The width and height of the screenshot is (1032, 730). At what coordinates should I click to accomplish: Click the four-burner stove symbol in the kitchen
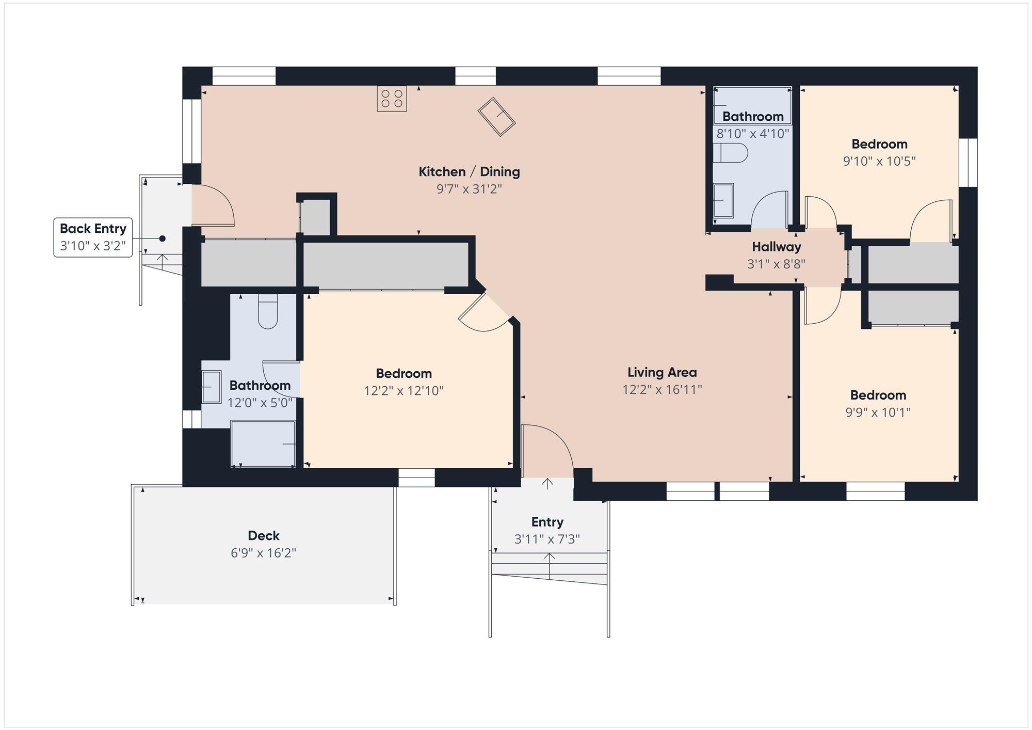pyautogui.click(x=392, y=99)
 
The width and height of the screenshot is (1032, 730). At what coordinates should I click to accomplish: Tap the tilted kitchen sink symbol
pyautogui.click(x=496, y=117)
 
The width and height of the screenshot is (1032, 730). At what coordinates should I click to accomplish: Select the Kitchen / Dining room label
pyautogui.click(x=469, y=171)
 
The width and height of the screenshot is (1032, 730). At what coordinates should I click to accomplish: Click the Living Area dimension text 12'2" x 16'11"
pyautogui.click(x=662, y=389)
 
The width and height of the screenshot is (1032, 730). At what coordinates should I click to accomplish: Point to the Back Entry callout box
pyautogui.click(x=93, y=237)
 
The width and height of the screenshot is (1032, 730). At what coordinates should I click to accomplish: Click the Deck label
pyautogui.click(x=264, y=535)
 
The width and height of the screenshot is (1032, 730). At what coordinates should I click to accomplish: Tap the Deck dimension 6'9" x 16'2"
pyautogui.click(x=264, y=553)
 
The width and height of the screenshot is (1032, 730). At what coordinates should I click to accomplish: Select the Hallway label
pyautogui.click(x=776, y=247)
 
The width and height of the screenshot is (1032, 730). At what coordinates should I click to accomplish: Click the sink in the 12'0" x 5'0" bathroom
pyautogui.click(x=212, y=387)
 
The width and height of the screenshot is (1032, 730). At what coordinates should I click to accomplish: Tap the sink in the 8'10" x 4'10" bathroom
pyautogui.click(x=723, y=200)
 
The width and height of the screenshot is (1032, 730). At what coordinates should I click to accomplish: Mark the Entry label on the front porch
pyautogui.click(x=547, y=522)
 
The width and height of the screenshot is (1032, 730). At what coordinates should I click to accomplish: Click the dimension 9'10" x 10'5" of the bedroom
pyautogui.click(x=879, y=161)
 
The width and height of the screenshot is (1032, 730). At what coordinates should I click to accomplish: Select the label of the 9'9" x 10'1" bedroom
pyautogui.click(x=878, y=395)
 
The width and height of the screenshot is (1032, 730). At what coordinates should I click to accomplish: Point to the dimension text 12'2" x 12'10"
pyautogui.click(x=404, y=390)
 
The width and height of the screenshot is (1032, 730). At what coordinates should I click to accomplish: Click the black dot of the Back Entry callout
pyautogui.click(x=162, y=239)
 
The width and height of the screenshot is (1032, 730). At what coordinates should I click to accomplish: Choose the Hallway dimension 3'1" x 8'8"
pyautogui.click(x=776, y=264)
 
